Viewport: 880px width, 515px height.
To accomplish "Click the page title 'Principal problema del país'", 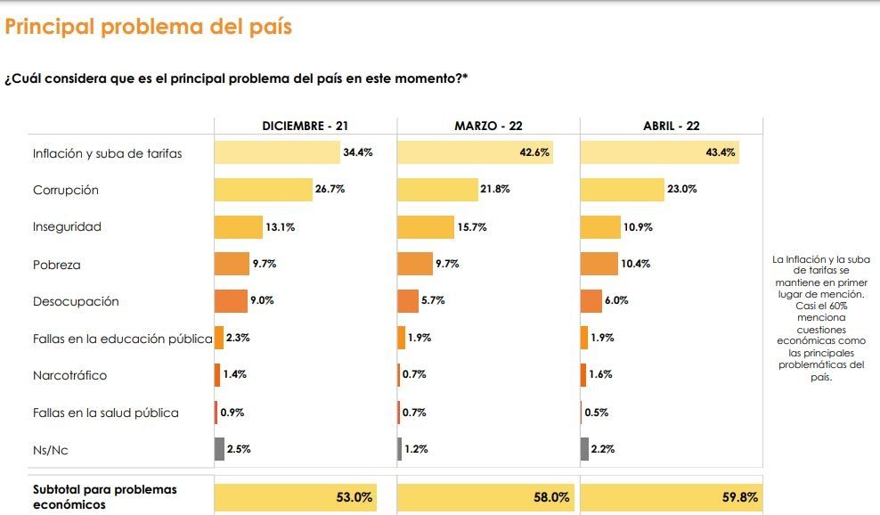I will pos(149,27).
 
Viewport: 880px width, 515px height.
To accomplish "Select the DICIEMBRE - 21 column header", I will pos(305,127).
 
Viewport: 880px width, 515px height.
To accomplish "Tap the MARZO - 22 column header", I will pos(488,127).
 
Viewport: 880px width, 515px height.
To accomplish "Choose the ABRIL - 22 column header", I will pos(672,127).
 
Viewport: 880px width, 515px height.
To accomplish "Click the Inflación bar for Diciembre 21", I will pos(277,152).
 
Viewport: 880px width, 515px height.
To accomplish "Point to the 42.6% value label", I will pos(534,152).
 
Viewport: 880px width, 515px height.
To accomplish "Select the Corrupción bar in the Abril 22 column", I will pos(622,190).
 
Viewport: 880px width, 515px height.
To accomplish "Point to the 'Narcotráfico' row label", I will pos(69,375).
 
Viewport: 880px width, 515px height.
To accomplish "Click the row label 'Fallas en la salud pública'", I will pos(105,413).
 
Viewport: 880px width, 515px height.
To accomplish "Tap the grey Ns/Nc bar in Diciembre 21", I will pos(219,449).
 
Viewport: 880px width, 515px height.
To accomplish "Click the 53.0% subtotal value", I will pos(354,497).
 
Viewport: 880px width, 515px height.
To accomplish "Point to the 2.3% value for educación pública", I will pos(236,338).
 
